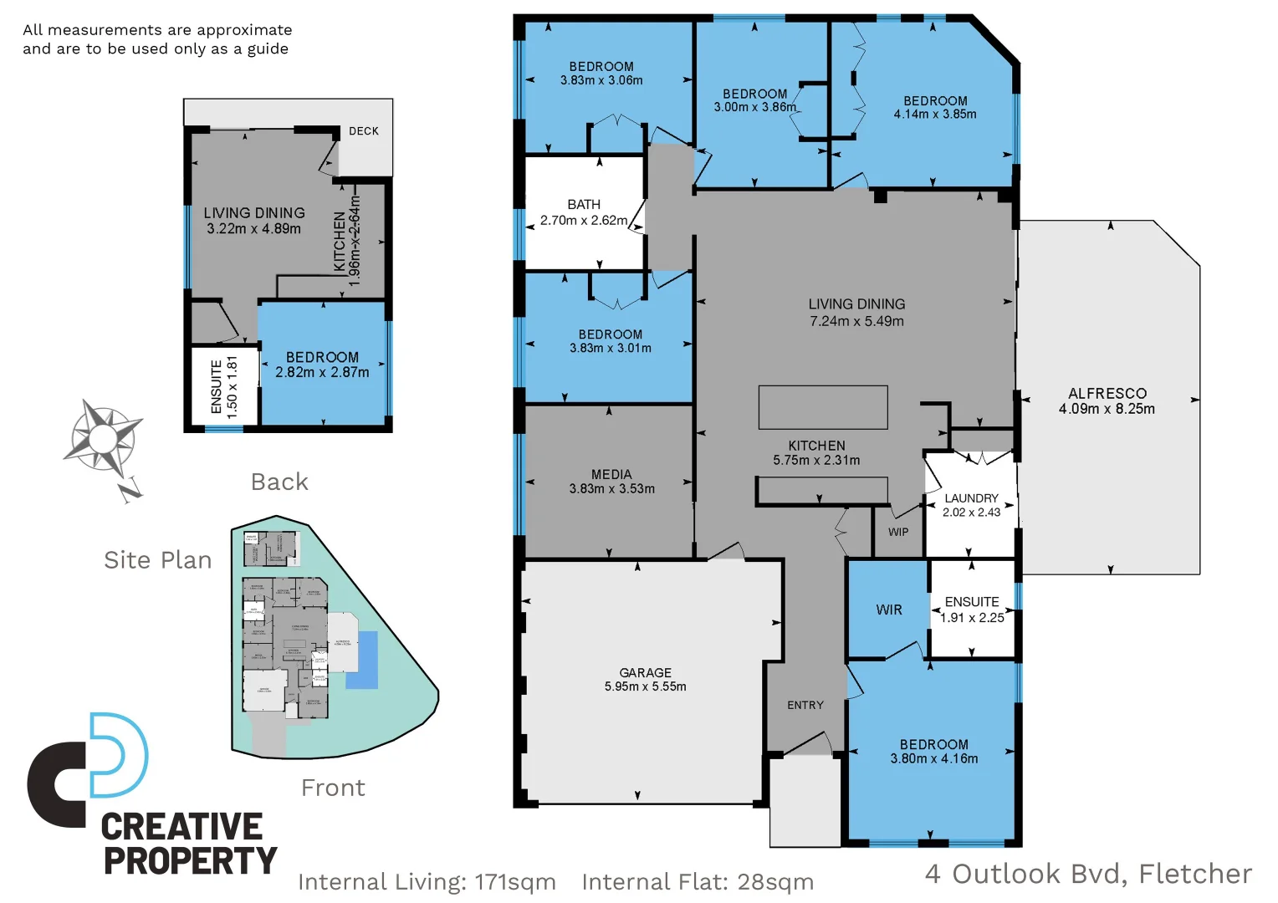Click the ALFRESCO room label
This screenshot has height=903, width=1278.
coord(1107,393)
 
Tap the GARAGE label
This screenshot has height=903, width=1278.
coord(645,672)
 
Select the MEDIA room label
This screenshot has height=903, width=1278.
coord(611,474)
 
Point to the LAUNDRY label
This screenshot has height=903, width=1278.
coord(971,497)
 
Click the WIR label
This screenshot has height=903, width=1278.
coord(889,610)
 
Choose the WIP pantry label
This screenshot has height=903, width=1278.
coord(898,532)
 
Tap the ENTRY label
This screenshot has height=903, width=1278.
coord(805,705)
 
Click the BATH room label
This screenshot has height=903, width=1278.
coord(584,204)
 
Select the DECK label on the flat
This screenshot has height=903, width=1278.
coord(364,131)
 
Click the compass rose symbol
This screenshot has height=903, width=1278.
coord(104,440)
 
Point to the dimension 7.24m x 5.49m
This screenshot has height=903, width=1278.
coord(856,321)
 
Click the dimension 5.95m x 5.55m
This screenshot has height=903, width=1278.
coord(645,686)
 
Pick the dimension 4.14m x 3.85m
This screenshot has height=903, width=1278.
coord(934,115)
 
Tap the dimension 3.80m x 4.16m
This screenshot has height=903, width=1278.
coord(933,758)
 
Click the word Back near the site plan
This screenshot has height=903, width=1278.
coord(279,482)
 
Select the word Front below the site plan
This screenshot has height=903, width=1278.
coord(333,788)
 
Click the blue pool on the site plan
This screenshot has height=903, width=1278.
coord(361,660)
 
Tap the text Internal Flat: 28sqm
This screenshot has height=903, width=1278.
coord(697,881)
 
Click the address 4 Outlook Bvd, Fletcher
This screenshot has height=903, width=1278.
coord(1088,874)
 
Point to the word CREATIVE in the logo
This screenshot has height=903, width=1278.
coord(181,826)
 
